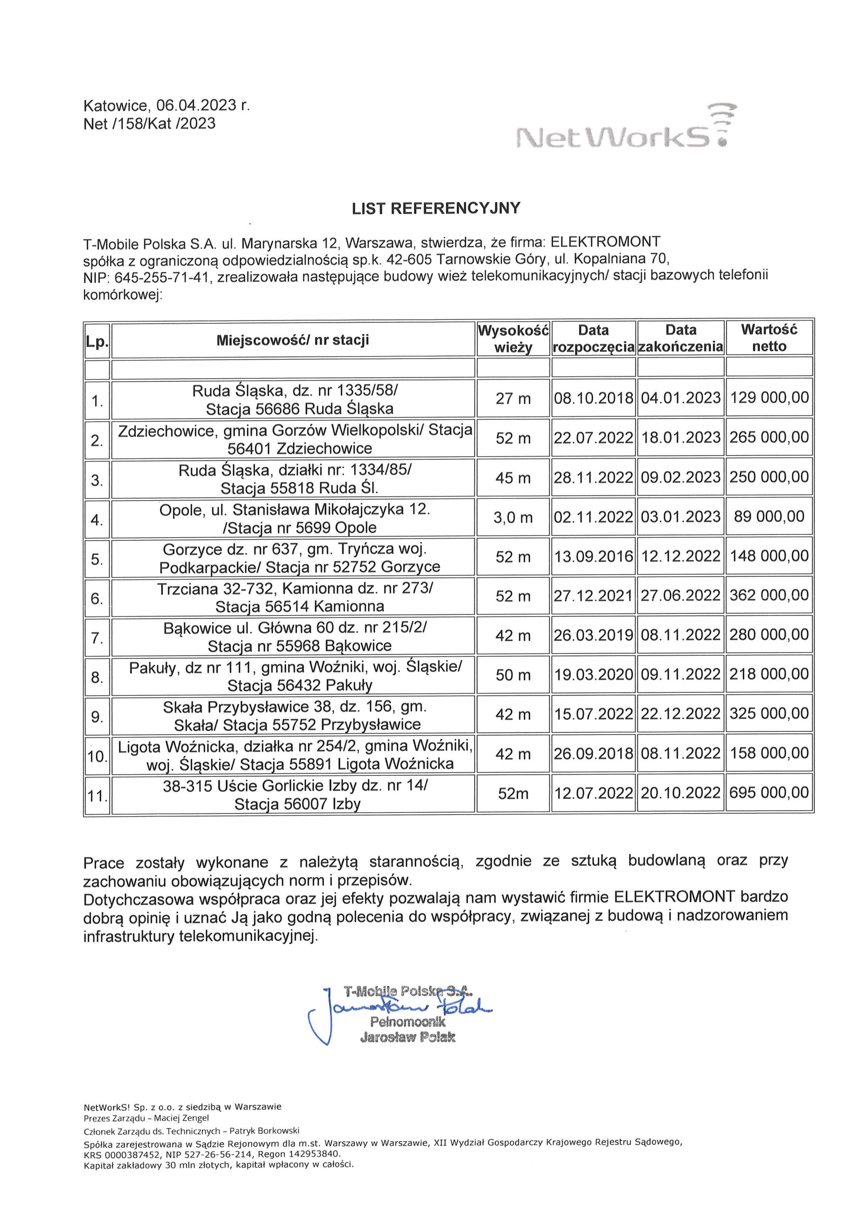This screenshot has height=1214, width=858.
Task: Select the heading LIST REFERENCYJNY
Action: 436,208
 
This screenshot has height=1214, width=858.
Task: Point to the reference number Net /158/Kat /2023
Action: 150,124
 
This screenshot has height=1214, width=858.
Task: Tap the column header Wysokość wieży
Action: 513,339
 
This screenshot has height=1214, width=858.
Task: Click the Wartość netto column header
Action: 769,339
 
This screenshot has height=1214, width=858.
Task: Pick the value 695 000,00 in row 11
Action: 769,792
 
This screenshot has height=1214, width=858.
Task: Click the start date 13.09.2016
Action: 593,556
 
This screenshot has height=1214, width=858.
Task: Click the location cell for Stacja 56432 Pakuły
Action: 293,677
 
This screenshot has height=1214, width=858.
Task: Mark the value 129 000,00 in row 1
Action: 769,397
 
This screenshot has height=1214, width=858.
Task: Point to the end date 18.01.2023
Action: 680,437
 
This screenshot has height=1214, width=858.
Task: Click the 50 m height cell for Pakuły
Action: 513,675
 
